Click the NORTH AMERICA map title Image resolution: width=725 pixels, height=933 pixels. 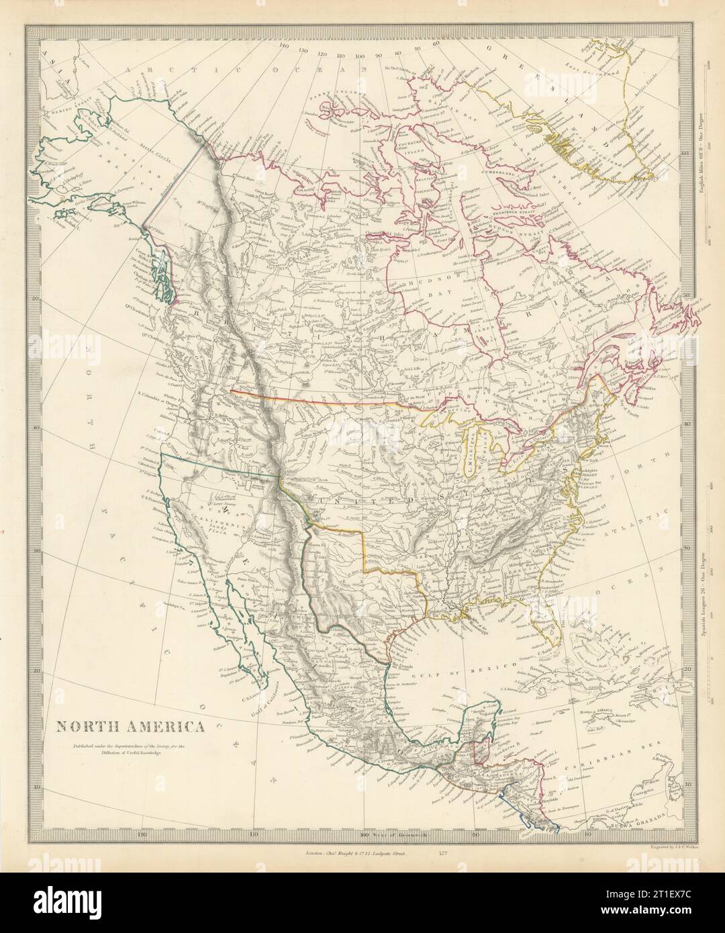tap(130, 726)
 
